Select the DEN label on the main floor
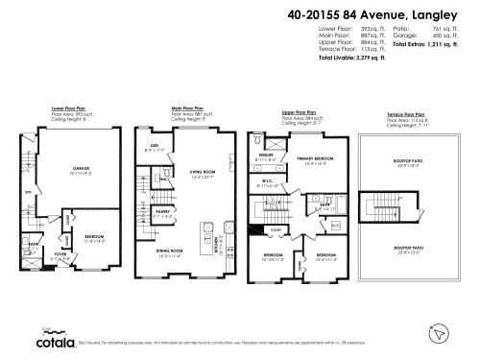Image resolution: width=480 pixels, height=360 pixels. coord(150,147)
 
